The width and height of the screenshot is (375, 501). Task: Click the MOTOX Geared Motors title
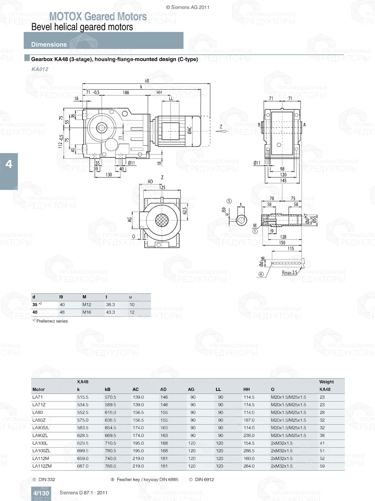(98, 17)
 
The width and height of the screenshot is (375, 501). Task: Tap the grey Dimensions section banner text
(49, 44)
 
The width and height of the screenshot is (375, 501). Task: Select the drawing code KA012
(40, 69)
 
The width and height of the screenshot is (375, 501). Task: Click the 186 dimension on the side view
(126, 93)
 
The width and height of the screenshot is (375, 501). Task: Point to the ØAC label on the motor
(189, 130)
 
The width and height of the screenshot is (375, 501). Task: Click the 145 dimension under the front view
(283, 181)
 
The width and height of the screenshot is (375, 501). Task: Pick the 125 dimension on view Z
(162, 187)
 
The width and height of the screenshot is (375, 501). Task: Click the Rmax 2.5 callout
(289, 273)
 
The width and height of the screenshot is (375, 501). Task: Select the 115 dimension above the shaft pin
(291, 249)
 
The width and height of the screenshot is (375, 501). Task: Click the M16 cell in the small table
(87, 312)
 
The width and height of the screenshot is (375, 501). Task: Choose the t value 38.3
(110, 305)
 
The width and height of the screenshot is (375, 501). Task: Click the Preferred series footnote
(52, 321)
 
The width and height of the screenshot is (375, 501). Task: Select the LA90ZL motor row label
(40, 436)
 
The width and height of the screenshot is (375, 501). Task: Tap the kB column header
(108, 389)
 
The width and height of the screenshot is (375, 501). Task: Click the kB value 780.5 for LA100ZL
(110, 451)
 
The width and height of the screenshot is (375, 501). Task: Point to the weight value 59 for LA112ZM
(322, 466)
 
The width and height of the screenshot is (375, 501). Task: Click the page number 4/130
(41, 493)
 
